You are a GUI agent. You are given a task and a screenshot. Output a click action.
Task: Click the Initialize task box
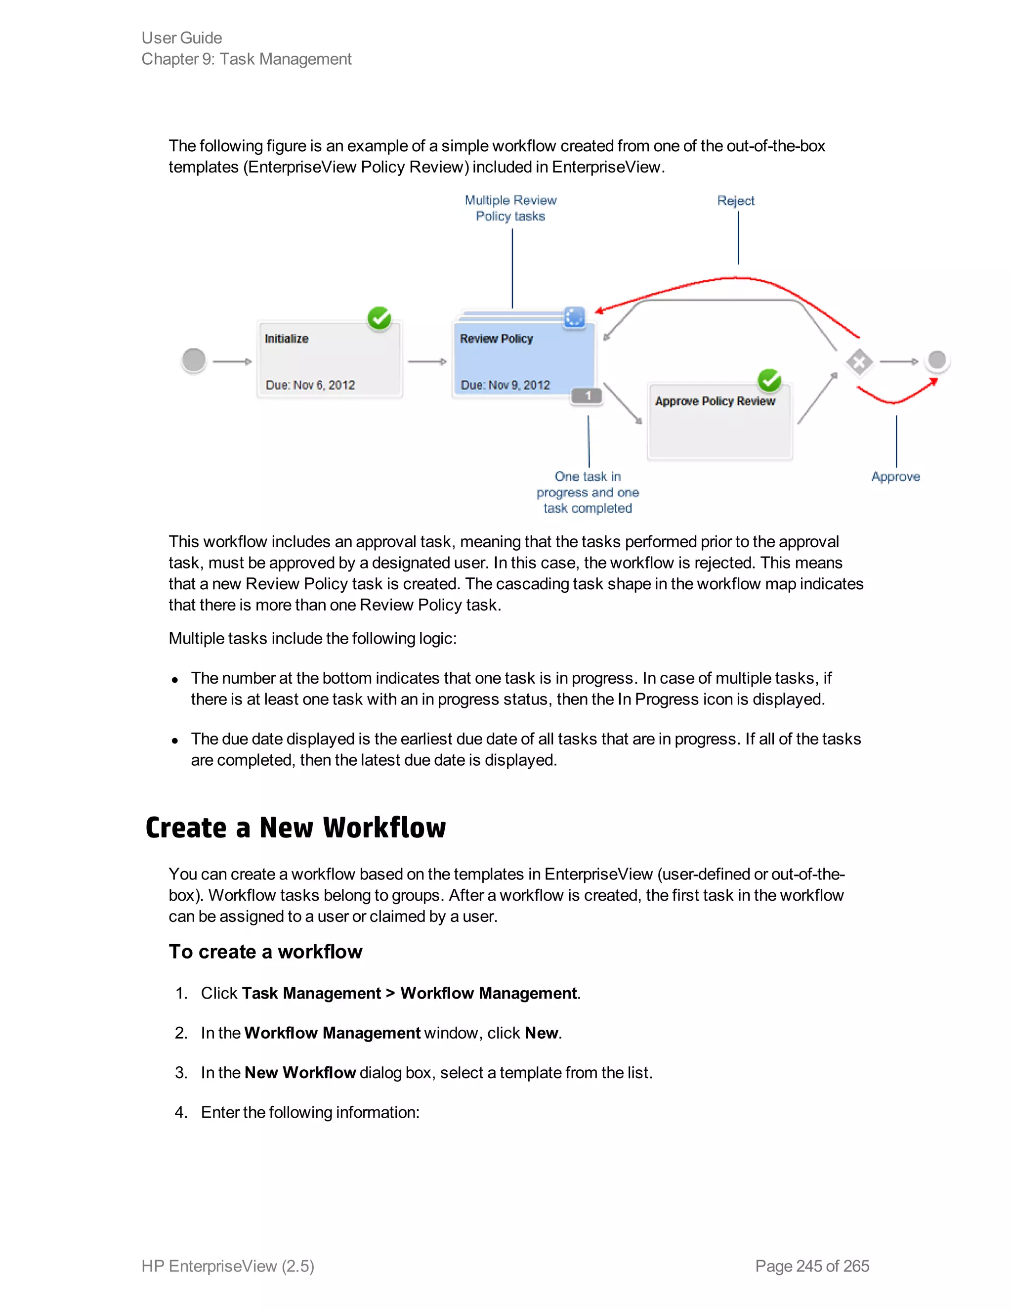point(329,360)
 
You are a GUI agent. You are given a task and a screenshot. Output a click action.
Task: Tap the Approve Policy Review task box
point(719,423)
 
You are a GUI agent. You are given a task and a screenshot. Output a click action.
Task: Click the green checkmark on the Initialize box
point(379,318)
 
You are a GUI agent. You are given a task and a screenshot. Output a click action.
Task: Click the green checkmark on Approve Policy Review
point(769,380)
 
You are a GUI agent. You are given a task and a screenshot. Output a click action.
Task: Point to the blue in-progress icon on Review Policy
point(574,317)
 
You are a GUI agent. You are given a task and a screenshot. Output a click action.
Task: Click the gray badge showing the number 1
point(587,396)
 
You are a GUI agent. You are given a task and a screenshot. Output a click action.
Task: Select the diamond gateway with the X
point(859,362)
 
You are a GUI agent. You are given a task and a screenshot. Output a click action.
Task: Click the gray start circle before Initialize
point(194,360)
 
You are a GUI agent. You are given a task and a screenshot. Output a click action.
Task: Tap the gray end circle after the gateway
point(936,360)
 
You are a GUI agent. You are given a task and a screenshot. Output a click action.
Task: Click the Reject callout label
point(736,201)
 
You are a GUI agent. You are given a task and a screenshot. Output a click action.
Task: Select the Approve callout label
point(895,477)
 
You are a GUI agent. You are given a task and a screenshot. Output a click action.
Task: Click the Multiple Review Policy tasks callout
point(511,208)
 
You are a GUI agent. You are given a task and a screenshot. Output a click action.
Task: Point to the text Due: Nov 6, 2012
point(310,385)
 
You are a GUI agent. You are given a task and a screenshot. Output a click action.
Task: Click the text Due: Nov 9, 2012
point(505,385)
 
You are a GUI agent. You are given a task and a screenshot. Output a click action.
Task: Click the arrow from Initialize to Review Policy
point(427,362)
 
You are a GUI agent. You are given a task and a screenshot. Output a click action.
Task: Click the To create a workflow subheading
point(265,952)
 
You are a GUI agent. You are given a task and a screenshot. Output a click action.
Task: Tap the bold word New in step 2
point(541,1033)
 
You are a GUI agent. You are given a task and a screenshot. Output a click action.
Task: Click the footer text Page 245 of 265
point(812,1266)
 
